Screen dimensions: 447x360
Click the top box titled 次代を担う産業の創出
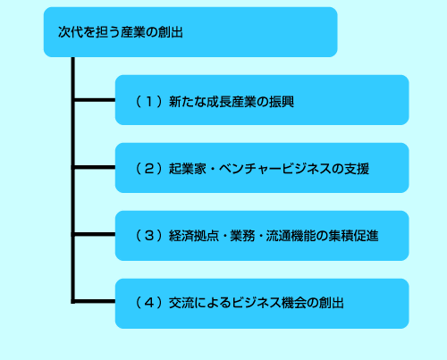click(190, 32)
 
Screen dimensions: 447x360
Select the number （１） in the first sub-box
click(149, 102)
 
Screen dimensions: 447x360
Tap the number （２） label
click(149, 169)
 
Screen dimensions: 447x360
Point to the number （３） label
click(149, 236)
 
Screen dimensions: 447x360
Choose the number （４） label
click(149, 303)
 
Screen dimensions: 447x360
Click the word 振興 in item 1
click(282, 102)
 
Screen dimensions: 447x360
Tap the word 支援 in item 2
click(357, 169)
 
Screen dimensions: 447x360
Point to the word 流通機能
click(291, 236)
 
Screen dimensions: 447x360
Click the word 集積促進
click(353, 236)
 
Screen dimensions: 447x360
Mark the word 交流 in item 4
click(181, 303)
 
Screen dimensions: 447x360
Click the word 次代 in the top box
click(71, 32)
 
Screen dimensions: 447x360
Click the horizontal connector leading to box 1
click(95, 100)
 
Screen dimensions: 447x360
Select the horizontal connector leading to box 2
click(95, 167)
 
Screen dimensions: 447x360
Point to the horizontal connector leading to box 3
click(95, 234)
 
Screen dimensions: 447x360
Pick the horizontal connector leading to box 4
click(95, 301)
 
